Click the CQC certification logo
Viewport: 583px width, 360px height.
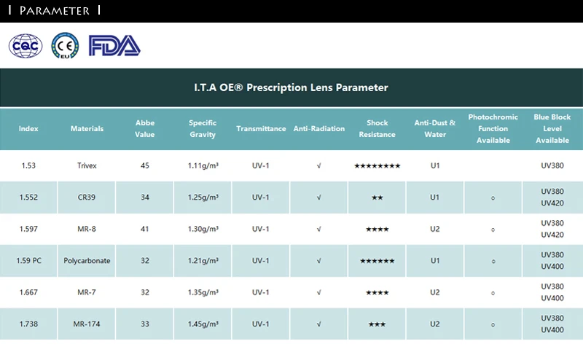coord(26,46)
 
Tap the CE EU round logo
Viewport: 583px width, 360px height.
coord(65,46)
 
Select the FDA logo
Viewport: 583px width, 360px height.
coord(114,46)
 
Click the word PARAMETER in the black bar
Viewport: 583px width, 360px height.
coord(54,10)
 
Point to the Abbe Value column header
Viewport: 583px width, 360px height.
coord(144,129)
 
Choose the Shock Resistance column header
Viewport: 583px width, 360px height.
coord(377,129)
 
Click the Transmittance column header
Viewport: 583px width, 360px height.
coord(261,129)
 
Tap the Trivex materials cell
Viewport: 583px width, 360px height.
coord(87,165)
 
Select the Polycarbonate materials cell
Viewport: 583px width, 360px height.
coord(87,261)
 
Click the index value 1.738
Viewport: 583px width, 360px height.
coord(28,324)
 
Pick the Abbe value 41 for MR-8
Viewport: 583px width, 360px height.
coord(144,229)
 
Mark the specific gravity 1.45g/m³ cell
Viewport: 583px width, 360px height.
coord(203,324)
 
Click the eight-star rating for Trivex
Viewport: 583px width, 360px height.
coord(377,166)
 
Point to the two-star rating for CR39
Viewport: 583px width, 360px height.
coord(377,197)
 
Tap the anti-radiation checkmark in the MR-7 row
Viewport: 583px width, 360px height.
coord(318,293)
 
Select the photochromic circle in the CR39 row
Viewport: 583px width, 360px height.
coord(493,197)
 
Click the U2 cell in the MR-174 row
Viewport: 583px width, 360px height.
coord(435,324)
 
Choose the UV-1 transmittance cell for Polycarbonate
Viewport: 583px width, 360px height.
coord(260,261)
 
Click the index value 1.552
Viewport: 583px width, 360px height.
coord(28,197)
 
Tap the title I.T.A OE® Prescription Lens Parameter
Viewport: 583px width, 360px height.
coord(291,87)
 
